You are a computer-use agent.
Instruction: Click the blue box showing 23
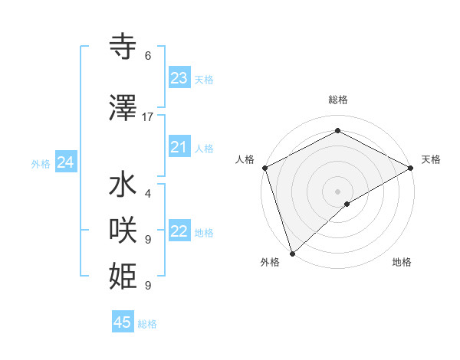click(x=179, y=78)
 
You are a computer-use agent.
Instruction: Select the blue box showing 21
click(x=179, y=147)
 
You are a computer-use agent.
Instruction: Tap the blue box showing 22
click(x=179, y=232)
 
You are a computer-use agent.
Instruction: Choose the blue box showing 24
click(x=65, y=162)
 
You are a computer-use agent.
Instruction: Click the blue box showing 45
click(x=123, y=322)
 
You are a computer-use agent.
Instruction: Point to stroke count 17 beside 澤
click(x=148, y=117)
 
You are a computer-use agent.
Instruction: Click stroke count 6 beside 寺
click(x=148, y=56)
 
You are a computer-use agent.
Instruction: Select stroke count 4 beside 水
click(x=148, y=194)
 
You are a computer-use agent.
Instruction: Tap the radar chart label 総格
click(x=338, y=100)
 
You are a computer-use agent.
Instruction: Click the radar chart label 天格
click(x=432, y=159)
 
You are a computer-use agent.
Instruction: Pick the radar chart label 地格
click(x=402, y=262)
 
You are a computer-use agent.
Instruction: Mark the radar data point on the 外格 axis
click(x=291, y=254)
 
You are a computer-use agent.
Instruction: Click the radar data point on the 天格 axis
click(x=411, y=168)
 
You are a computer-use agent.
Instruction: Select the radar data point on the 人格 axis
click(x=264, y=168)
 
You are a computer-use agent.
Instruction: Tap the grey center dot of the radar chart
click(x=338, y=191)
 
